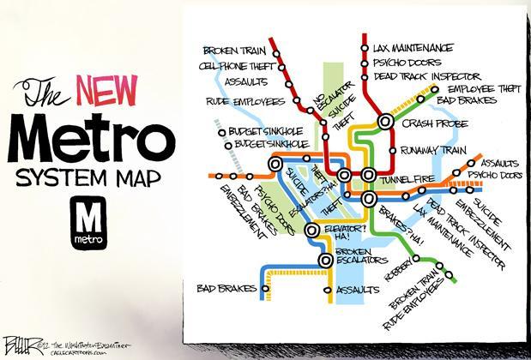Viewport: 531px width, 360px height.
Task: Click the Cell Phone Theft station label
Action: click(232, 65)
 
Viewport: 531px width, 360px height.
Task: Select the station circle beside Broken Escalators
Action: click(327, 260)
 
